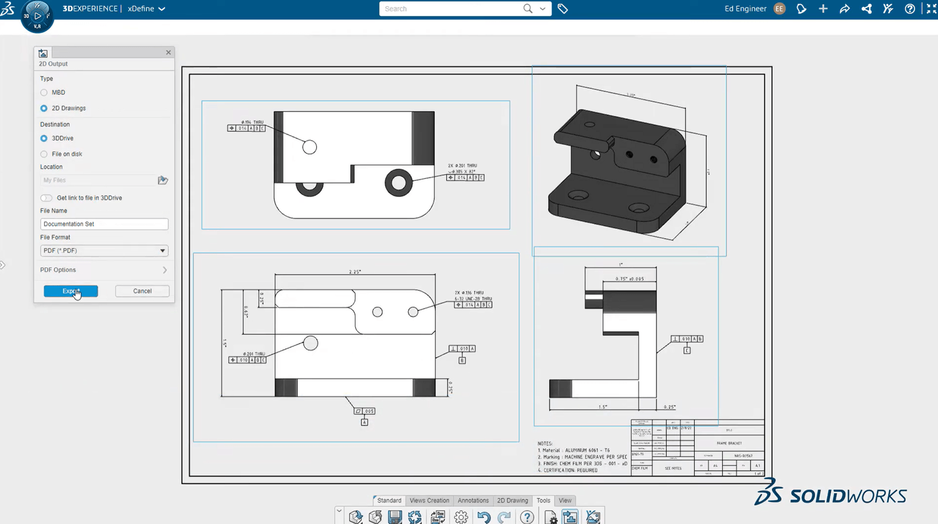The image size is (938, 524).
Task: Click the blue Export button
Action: [70, 291]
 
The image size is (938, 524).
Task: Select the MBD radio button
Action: [44, 92]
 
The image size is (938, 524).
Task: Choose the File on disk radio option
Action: [44, 154]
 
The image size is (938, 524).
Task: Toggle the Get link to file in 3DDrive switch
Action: [46, 198]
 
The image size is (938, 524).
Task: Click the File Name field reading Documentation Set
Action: [104, 224]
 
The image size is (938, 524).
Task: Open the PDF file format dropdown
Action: [104, 251]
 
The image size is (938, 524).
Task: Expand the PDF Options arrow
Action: [165, 270]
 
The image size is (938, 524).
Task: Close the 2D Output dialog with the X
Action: [168, 52]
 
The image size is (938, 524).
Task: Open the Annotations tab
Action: [473, 501]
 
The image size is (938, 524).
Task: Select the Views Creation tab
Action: [429, 501]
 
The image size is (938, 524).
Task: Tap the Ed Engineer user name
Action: [745, 9]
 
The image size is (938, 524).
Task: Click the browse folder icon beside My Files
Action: [162, 180]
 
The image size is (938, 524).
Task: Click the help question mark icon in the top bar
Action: [909, 9]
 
